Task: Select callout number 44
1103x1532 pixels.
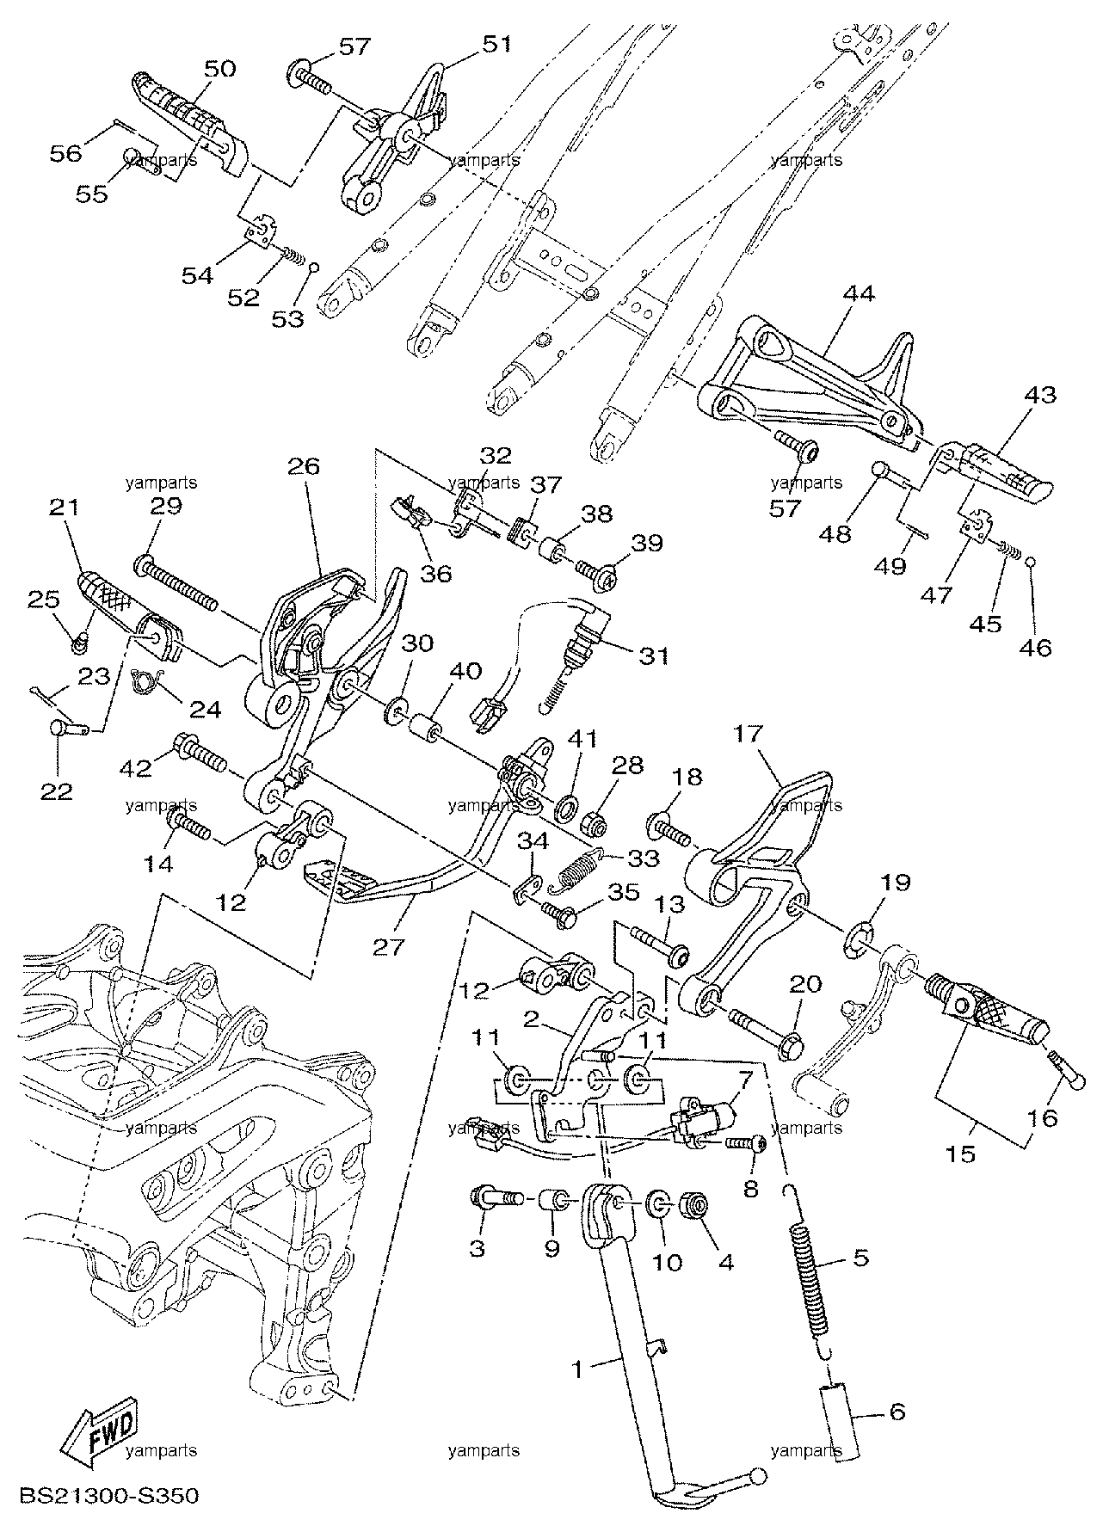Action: click(x=858, y=294)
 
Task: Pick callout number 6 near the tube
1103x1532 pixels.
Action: click(x=897, y=1412)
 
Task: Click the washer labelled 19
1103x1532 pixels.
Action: click(x=861, y=939)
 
